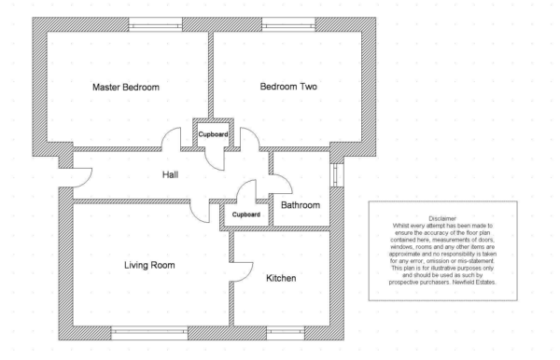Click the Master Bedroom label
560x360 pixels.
pyautogui.click(x=126, y=87)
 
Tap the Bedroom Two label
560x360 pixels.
pyautogui.click(x=288, y=87)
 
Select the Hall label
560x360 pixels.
pyautogui.click(x=171, y=174)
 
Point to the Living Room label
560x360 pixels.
pyautogui.click(x=149, y=265)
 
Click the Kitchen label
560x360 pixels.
pyautogui.click(x=281, y=278)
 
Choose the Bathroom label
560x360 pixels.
pyautogui.click(x=301, y=205)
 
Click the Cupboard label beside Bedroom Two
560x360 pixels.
pyautogui.click(x=213, y=134)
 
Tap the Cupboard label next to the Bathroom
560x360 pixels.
pyautogui.click(x=246, y=215)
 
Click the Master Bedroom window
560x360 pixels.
pyautogui.click(x=155, y=24)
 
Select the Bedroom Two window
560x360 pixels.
pyautogui.click(x=288, y=24)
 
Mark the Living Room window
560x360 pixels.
pyautogui.click(x=149, y=333)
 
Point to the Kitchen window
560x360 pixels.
pyautogui.click(x=286, y=333)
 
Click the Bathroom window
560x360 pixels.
pyautogui.click(x=337, y=174)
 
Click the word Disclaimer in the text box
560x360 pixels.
pyautogui.click(x=442, y=218)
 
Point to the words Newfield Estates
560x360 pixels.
pyautogui.click(x=474, y=283)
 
